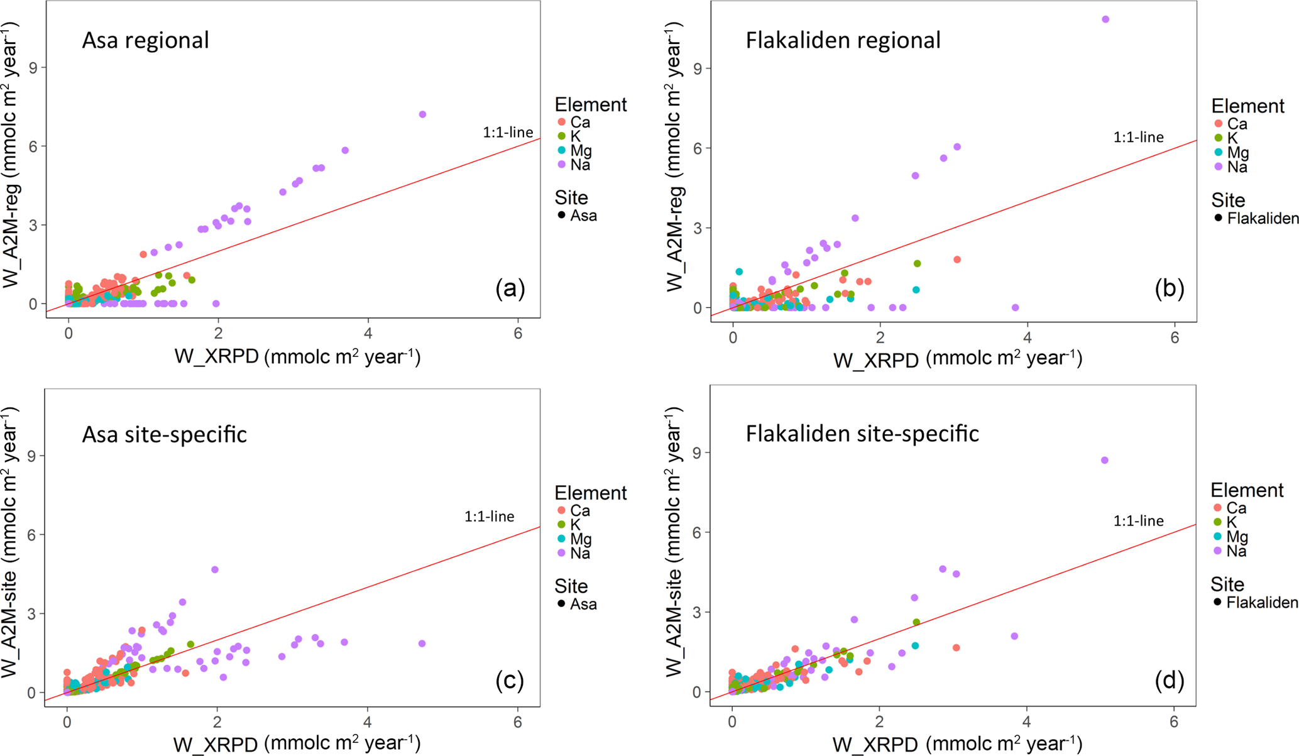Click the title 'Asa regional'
tap(145, 40)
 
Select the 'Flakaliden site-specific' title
tap(862, 434)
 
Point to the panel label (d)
tap(1169, 680)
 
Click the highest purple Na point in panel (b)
tap(1105, 19)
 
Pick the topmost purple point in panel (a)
tap(422, 114)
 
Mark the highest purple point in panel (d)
tap(1105, 461)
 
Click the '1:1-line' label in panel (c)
tap(489, 517)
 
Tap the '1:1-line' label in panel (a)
tap(507, 132)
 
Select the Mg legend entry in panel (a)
tap(574, 151)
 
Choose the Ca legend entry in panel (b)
tap(1230, 124)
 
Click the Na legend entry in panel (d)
tap(1229, 551)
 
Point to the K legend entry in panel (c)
tap(569, 524)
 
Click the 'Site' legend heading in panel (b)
tap(1228, 200)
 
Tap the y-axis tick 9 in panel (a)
tap(33, 67)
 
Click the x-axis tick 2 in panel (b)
tap(880, 337)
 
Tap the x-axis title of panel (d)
tap(957, 744)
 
